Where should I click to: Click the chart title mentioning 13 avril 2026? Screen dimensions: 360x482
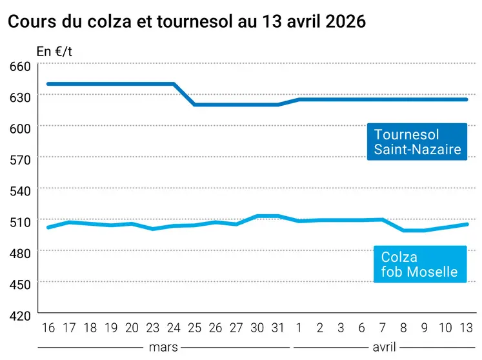pos(186,21)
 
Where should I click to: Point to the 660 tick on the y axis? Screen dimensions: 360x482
pos(19,67)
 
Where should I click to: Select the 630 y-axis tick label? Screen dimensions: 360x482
pos(19,98)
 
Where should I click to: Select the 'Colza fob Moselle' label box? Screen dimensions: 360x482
pos(419,265)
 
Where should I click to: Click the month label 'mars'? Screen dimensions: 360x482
pos(163,347)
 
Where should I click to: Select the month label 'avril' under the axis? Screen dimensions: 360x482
pos(385,347)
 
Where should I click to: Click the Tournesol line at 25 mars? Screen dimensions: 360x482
pos(195,105)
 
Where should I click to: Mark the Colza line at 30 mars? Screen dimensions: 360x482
pos(257,216)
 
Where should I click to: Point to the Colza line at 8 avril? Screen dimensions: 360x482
pos(403,230)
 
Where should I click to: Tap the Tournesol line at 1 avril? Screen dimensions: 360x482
pos(299,99)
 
